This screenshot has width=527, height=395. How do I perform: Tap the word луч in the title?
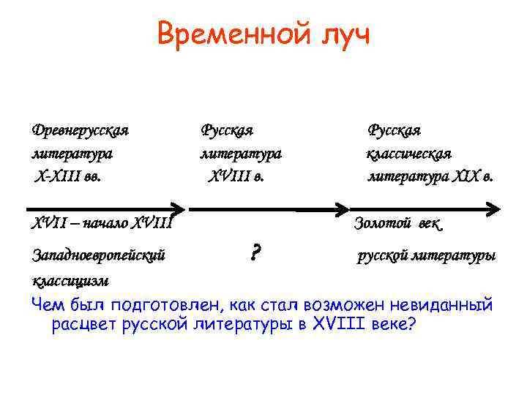[x=340, y=34]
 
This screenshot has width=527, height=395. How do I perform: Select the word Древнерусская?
[x=81, y=131]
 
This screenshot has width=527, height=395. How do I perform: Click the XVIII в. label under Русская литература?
[x=237, y=176]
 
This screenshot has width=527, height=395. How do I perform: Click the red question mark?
[x=255, y=254]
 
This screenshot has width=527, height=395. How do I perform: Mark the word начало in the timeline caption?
[x=106, y=222]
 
